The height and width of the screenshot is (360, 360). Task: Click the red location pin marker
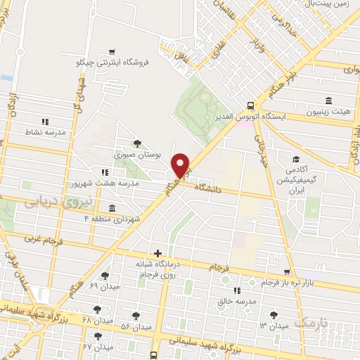tap(181, 165)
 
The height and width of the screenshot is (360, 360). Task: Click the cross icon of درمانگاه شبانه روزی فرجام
tap(157, 253)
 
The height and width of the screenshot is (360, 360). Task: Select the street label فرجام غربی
tap(43, 239)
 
